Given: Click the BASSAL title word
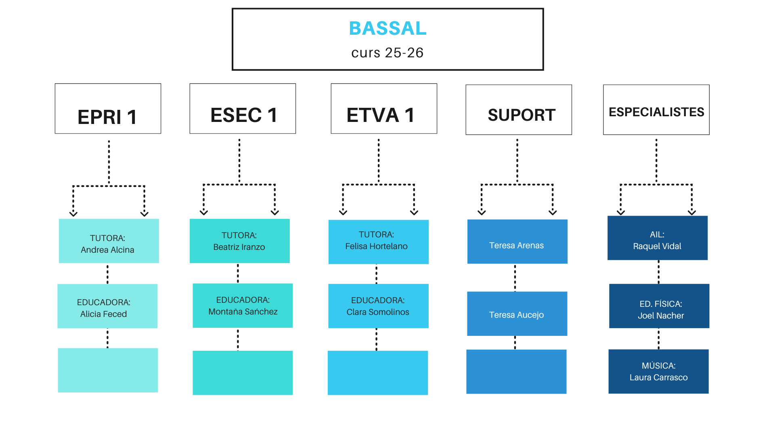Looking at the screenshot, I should point(387,28).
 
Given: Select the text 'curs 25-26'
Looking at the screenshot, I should point(387,53).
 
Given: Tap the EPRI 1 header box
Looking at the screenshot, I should point(108,109).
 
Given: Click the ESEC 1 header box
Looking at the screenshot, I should point(243,109).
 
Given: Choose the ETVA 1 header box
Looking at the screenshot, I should point(384,109).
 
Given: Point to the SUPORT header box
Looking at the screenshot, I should point(519,110).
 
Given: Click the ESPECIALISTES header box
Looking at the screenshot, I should point(656,110).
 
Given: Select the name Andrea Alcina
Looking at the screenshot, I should point(107,250).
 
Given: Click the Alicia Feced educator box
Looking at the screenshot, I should point(107,306).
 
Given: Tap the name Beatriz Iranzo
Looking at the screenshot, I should point(239,247).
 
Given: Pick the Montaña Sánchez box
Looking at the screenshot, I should point(243,306).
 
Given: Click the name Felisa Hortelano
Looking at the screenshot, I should point(376,246).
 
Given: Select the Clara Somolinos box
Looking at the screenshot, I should point(378,306).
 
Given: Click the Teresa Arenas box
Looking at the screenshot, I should point(517,242).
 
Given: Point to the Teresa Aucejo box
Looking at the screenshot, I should point(517,314).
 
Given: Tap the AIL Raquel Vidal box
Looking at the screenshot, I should point(657,238).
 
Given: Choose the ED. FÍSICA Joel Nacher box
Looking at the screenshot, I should point(659,306).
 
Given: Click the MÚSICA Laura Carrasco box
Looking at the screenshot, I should point(658,371).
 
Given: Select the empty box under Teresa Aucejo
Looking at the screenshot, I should point(516,371).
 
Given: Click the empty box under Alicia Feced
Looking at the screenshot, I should point(108,370).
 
